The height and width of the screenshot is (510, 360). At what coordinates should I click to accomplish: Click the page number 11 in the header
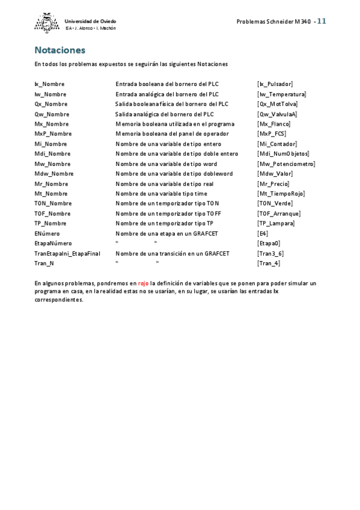pos(322,21)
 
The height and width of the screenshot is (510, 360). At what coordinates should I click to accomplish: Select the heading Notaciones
pos(59,50)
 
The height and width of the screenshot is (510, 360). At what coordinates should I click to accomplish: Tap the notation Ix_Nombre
pos(49,84)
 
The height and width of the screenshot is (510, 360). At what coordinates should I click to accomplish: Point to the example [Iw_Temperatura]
pos(281,94)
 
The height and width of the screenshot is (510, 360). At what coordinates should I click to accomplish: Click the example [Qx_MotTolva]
pos(277,104)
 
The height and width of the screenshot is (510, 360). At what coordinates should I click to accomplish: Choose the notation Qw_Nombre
pos(52,114)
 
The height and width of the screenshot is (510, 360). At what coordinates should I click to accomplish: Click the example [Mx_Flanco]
pos(273,124)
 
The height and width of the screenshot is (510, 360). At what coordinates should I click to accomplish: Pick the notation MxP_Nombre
pos(53,134)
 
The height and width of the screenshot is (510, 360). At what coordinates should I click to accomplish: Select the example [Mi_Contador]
pos(277,144)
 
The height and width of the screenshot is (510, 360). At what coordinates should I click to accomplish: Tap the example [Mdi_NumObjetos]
pos(283,154)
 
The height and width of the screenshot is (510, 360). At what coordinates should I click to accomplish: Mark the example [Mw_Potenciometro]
pos(285,164)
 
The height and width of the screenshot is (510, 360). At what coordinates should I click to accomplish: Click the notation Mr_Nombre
pos(51,184)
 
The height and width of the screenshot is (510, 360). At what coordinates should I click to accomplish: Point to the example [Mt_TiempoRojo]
pos(281,194)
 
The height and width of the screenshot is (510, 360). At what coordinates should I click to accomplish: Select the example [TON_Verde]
pos(275,204)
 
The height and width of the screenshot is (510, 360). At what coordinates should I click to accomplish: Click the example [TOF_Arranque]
pos(279,214)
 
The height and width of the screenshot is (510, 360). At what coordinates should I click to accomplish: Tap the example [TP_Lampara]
pos(276,224)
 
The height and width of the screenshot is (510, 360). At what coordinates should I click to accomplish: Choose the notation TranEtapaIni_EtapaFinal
pos(67,254)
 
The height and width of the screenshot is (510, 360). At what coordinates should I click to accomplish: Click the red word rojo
pos(143,283)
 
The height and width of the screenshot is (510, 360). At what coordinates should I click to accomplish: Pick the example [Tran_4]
pos(268,263)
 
